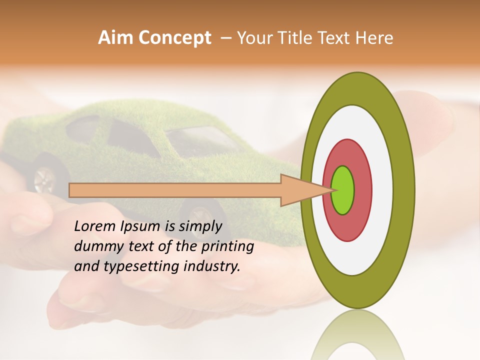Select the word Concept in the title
(174, 38)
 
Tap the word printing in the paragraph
(227, 247)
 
